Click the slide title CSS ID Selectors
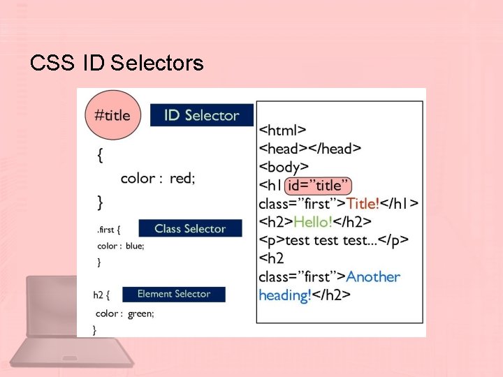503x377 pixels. coord(117,64)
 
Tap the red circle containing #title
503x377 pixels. coord(112,115)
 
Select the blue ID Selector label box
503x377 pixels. coord(201,115)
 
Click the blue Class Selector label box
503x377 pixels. coord(190,228)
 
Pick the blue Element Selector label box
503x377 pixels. coord(174,294)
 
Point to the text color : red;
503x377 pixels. coord(158,178)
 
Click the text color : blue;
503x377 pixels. coord(120,246)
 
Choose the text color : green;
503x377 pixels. coord(125,313)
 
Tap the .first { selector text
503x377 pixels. coord(109,229)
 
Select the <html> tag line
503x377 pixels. coord(282,130)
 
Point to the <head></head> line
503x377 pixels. coord(309,148)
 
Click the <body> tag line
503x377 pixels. coord(284,167)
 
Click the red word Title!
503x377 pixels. coord(363,203)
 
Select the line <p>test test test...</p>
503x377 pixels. coord(333,239)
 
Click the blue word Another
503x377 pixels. coord(373,276)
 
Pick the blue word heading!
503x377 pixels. coord(285,295)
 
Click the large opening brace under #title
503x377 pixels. coord(101,156)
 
